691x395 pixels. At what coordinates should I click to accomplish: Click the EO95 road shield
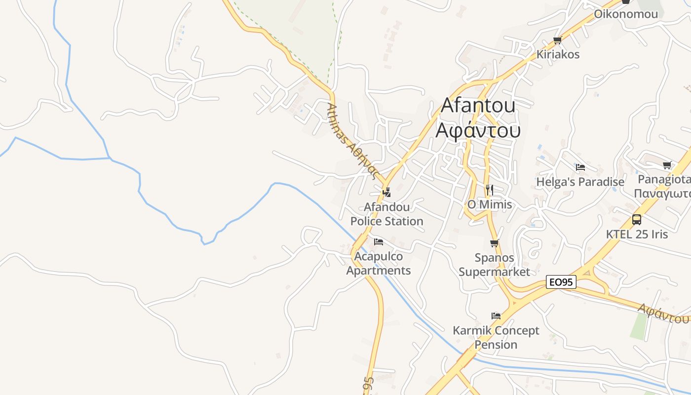[x=562, y=282]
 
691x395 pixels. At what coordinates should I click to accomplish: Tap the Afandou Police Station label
[x=387, y=214]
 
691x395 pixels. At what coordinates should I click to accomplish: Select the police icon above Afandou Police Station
[x=387, y=192]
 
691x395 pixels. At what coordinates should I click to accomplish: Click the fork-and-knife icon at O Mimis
[x=489, y=189]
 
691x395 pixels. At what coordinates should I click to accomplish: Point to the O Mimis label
[x=490, y=204]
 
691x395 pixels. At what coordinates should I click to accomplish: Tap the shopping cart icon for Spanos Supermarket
[x=494, y=243]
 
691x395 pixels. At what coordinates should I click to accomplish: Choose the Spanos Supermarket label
[x=494, y=265]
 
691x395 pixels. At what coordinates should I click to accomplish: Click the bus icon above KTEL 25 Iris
[x=637, y=220]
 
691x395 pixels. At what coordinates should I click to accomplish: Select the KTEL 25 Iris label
[x=637, y=234]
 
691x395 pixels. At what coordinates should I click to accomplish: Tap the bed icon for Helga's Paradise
[x=580, y=167]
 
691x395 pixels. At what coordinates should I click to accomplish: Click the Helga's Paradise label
[x=580, y=182]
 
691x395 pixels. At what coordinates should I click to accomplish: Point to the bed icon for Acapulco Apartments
[x=379, y=242]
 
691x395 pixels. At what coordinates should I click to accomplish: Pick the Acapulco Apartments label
[x=379, y=263]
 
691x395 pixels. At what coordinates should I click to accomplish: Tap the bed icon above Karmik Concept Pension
[x=496, y=316]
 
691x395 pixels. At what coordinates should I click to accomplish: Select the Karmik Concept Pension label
[x=496, y=337]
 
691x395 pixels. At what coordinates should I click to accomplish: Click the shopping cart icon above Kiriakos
[x=558, y=40]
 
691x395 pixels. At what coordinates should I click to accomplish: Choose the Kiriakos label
[x=558, y=54]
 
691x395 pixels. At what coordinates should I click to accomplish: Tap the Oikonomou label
[x=626, y=14]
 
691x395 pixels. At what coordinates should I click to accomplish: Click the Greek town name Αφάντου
[x=478, y=130]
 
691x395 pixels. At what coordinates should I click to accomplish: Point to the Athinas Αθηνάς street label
[x=352, y=142]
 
